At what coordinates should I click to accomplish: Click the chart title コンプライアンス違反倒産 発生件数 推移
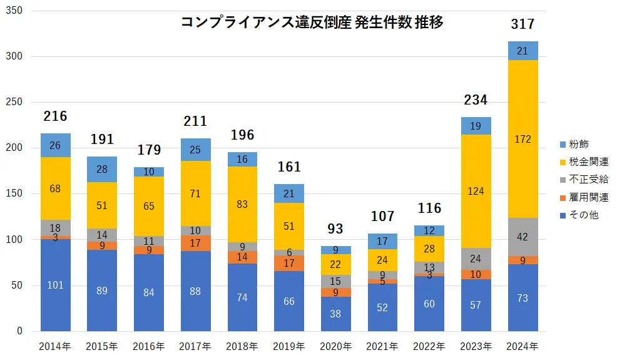pos(312,23)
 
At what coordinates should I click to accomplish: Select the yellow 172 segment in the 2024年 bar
pos(523,139)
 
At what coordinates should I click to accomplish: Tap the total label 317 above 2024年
pos(523,24)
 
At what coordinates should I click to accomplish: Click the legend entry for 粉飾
pos(579,144)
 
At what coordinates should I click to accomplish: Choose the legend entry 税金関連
pos(584,162)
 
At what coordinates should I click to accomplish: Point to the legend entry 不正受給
pos(584,180)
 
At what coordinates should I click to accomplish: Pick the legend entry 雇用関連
pos(584,197)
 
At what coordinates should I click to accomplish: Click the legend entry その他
pos(579,215)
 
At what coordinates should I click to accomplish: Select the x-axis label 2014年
pos(55,346)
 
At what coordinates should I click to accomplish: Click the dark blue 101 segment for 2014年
pos(55,285)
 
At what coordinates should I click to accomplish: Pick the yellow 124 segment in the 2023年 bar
pos(476,191)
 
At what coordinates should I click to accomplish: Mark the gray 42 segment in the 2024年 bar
pos(523,237)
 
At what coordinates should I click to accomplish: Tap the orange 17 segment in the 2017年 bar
pos(195,243)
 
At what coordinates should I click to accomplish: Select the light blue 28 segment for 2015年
pos(102,170)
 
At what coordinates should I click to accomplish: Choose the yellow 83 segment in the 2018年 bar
pos(242,204)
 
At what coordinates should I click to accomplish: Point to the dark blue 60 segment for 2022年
pos(429,304)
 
